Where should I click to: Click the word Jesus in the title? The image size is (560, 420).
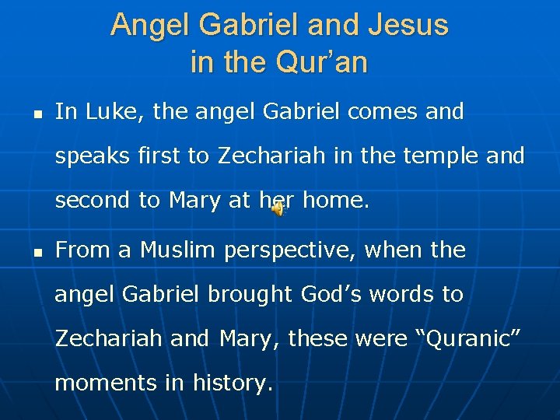pyautogui.click(x=409, y=25)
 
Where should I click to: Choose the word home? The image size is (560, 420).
pyautogui.click(x=335, y=200)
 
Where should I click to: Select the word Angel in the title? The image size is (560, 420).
pyautogui.click(x=150, y=25)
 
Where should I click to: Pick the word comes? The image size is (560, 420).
pyautogui.click(x=381, y=112)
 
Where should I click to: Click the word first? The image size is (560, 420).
pyautogui.click(x=159, y=156)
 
